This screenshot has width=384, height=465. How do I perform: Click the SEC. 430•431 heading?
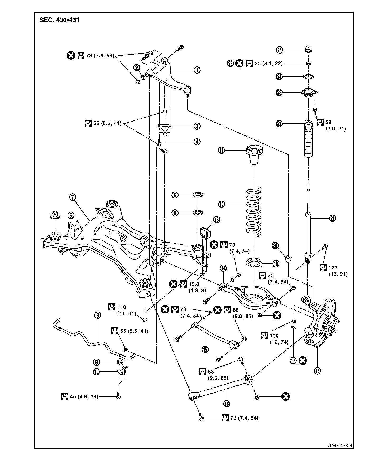[59, 20]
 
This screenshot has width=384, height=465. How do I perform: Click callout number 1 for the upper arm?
[197, 70]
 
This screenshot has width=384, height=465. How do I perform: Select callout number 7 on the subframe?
[73, 197]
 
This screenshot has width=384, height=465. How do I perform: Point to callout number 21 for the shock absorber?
[333, 218]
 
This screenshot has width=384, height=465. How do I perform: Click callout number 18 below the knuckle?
[317, 371]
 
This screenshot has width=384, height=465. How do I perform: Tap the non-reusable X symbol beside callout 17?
[303, 360]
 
